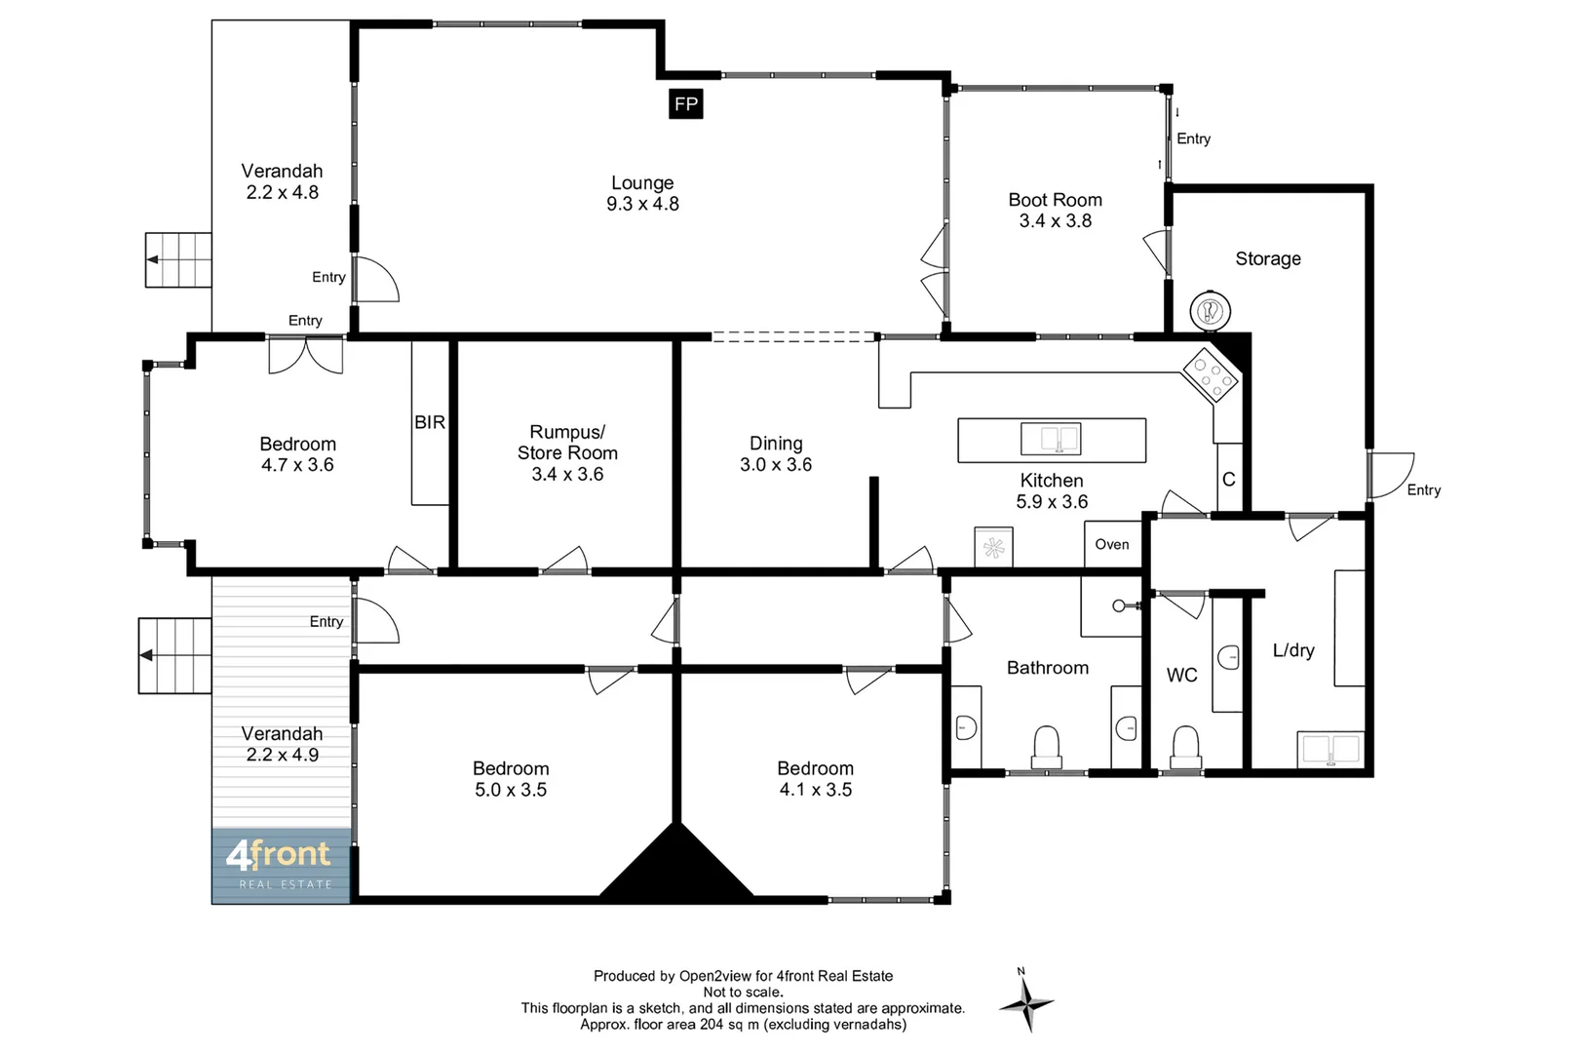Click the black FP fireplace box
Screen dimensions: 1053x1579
point(686,104)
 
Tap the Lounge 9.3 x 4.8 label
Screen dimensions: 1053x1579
point(642,193)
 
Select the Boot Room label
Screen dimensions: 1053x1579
point(1055,210)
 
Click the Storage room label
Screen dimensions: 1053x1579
point(1267,258)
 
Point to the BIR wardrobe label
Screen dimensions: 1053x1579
point(430,422)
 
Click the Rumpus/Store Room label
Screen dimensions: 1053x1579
point(567,452)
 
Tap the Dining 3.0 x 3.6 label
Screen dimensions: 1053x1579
point(776,453)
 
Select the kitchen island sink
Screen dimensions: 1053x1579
point(1051,439)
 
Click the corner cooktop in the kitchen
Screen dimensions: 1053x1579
point(1211,374)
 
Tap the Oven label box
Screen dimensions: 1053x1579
point(1112,544)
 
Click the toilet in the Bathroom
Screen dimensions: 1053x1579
point(1046,746)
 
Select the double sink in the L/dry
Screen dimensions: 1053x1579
point(1331,750)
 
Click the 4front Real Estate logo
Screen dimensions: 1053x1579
point(281,864)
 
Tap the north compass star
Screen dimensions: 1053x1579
point(1025,1002)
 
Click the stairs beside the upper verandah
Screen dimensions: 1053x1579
point(178,259)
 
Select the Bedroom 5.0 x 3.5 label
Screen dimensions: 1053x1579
point(511,779)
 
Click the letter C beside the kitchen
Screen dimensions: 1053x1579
point(1228,479)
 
